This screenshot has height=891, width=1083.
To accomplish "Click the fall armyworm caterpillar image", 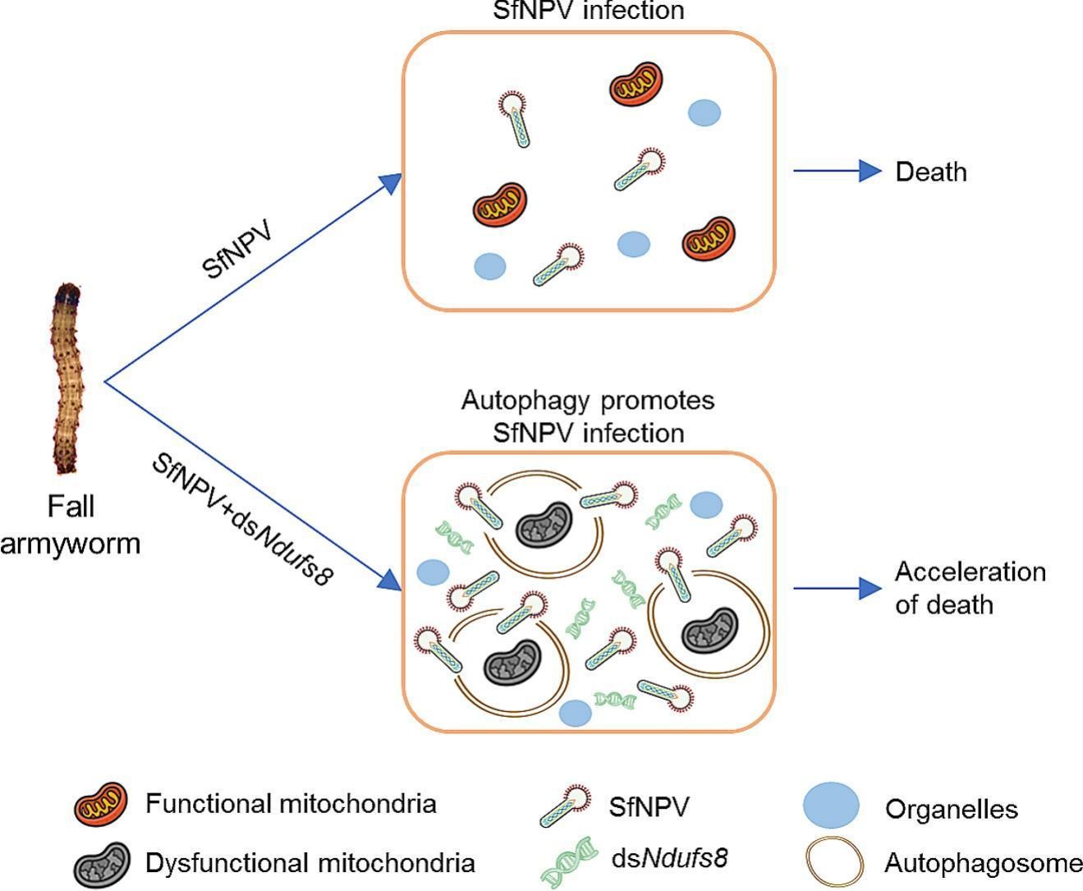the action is [67, 379].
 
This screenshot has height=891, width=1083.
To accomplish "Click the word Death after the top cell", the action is [931, 172].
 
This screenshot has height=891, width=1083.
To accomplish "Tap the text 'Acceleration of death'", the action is [970, 587].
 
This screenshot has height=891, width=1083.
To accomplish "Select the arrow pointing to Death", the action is [837, 171].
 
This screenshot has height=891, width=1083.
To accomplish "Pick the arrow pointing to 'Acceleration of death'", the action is [837, 588].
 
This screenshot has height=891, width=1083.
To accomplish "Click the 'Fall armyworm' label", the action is [71, 524].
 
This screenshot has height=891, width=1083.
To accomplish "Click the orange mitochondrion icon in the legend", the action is [101, 805].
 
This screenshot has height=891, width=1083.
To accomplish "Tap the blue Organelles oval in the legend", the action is [831, 806].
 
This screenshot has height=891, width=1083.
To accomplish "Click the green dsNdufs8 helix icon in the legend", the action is [569, 863].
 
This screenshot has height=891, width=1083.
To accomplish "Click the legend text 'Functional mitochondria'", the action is [291, 804].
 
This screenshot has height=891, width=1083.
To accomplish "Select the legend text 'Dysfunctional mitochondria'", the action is [310, 863].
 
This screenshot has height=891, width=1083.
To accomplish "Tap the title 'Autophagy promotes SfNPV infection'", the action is [588, 416].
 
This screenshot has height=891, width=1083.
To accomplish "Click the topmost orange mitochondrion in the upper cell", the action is [636, 84].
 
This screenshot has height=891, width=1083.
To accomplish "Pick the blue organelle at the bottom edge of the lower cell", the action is [575, 714].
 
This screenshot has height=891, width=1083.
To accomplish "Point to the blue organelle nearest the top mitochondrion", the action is [704, 113].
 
